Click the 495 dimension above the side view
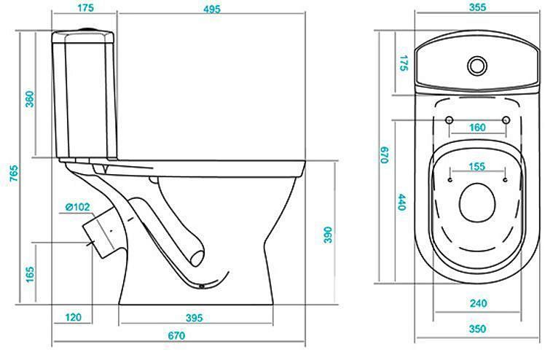point(211,9)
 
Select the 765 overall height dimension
point(13,173)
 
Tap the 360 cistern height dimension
point(31,99)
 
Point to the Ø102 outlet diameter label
point(77,207)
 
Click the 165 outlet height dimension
point(31,274)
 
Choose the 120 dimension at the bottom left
point(73,317)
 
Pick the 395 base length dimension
point(195,318)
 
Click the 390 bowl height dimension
point(328,235)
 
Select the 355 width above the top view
point(477,7)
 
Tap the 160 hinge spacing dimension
point(477,128)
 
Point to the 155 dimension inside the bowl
point(477,166)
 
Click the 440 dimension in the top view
point(402,202)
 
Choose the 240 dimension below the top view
point(478,303)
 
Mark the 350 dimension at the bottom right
point(477,329)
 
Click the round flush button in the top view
point(477,66)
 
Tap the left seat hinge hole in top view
point(449,120)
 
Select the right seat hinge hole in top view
point(506,120)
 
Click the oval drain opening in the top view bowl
point(477,203)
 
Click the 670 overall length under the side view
point(176,335)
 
